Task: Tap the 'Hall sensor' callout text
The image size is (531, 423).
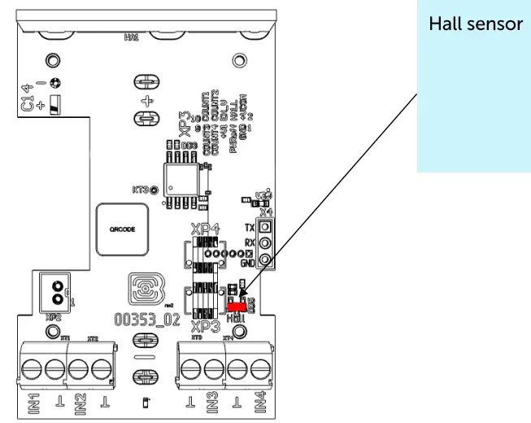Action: coord(475,24)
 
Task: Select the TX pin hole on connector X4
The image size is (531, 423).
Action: coord(265,227)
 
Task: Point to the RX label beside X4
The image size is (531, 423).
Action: coord(249,243)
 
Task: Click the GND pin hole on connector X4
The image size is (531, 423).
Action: coord(265,259)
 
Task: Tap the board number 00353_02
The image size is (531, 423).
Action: coord(146,320)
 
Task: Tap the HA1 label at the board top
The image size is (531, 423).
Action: coord(131,37)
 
